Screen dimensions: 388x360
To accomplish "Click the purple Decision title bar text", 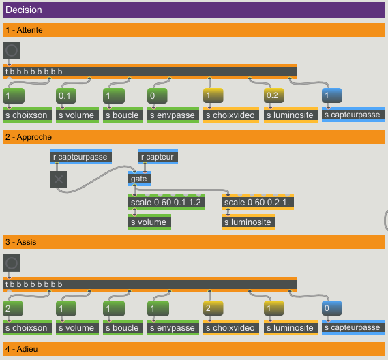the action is click(24, 10).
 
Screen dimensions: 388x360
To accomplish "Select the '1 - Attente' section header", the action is click(24, 30).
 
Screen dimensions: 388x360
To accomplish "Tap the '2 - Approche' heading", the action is click(29, 137).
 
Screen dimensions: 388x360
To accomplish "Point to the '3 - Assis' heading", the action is click(20, 242).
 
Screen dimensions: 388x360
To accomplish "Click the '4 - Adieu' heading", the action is click(22, 349).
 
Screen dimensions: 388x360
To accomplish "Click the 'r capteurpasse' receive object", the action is click(81, 157).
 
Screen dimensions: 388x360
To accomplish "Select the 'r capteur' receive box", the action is click(158, 157).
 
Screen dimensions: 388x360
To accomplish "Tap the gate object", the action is click(140, 179).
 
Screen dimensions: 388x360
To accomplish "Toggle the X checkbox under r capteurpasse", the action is click(59, 179).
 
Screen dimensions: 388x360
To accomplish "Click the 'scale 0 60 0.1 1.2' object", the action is click(166, 202).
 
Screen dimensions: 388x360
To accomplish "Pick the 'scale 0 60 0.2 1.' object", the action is click(258, 202).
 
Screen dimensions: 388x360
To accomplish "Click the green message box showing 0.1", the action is click(66, 95).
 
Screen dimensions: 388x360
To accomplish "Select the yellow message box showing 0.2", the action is click(273, 95).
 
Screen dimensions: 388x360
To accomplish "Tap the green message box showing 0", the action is click(157, 95).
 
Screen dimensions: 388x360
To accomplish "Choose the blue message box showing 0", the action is click(332, 308).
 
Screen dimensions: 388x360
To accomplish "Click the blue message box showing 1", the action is click(332, 95).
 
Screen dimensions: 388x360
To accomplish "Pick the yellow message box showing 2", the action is click(213, 308).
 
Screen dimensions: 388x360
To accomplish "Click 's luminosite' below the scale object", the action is click(248, 222).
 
